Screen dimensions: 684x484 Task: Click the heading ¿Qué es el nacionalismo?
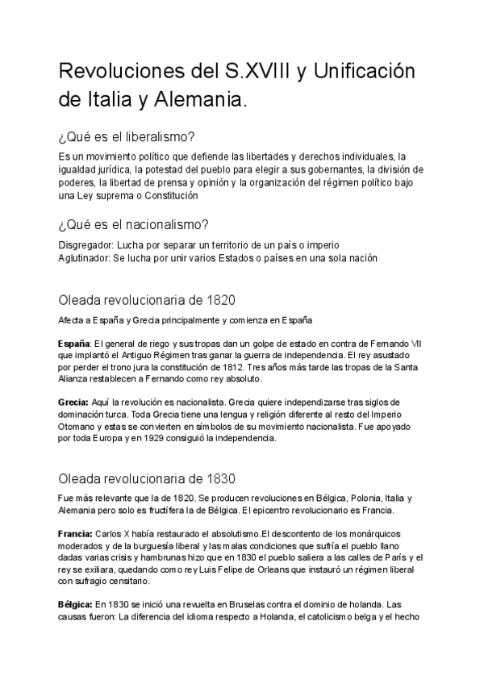tap(135, 224)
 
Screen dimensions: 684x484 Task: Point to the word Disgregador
tap(86, 244)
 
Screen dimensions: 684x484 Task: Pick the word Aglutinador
tap(86, 257)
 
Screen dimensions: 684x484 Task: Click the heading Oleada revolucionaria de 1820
tap(147, 301)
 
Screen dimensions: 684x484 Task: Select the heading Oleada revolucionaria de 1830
tap(147, 478)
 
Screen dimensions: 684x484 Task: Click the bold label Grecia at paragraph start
tap(73, 402)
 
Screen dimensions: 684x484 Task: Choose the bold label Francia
tap(75, 534)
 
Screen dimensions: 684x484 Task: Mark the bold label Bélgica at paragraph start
tap(75, 603)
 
